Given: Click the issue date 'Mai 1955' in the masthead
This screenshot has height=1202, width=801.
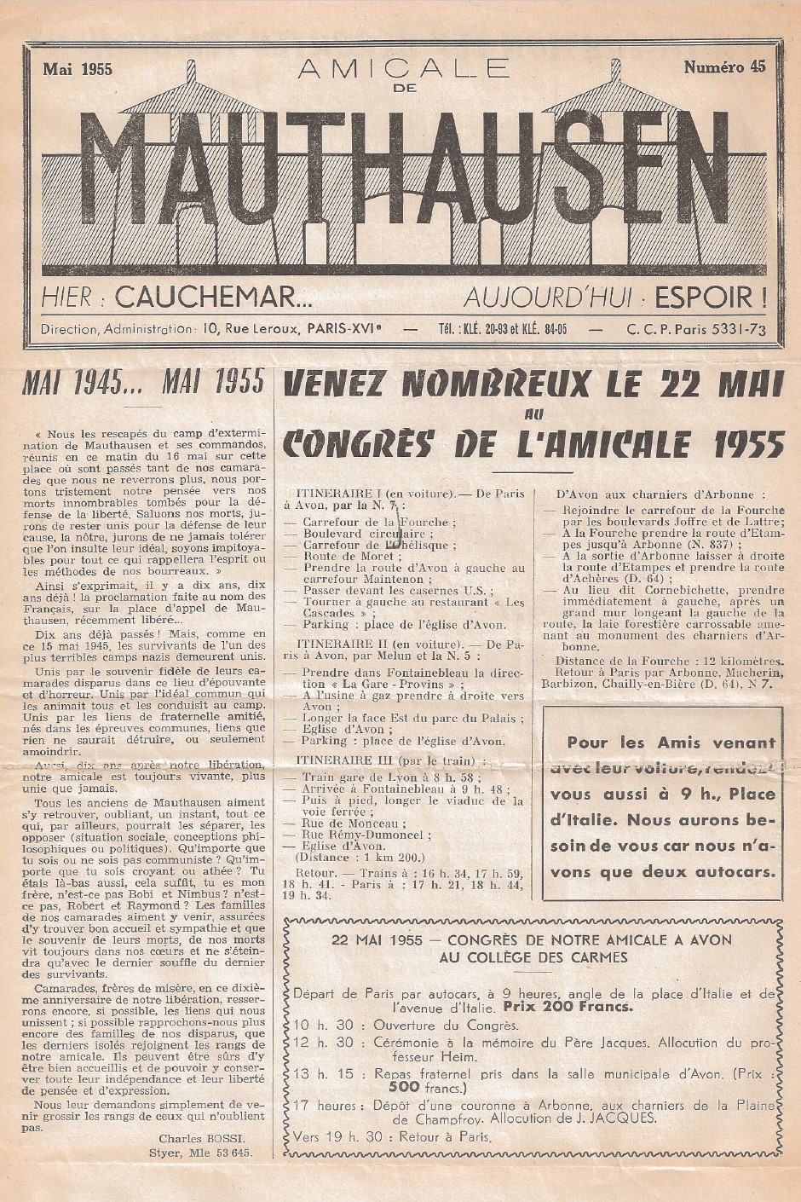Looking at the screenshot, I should coord(78,69).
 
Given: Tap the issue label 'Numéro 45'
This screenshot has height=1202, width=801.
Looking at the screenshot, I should coord(723,68).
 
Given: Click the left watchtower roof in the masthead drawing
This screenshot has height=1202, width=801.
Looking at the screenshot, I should coord(191,97).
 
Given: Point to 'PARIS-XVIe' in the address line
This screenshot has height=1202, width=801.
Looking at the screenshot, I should coord(343,330).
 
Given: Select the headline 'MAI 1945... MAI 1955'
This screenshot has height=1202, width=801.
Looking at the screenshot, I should coord(143,384).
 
